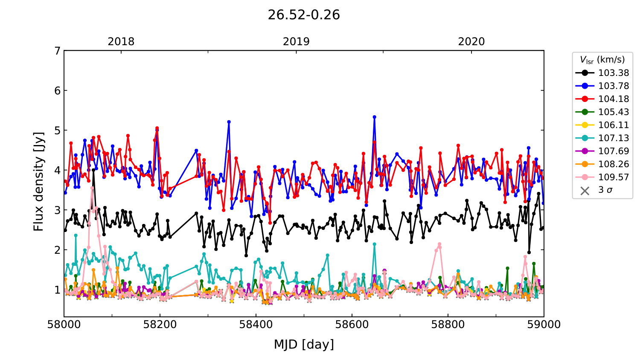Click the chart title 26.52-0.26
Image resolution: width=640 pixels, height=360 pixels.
[x=304, y=15]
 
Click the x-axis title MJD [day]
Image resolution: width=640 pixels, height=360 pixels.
[x=304, y=344]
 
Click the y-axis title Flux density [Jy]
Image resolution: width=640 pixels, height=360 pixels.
[x=39, y=181]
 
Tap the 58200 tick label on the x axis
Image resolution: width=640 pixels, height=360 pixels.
[x=160, y=325]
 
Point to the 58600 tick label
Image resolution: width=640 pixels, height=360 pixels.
[x=352, y=325]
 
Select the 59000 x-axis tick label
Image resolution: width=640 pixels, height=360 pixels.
[x=544, y=325]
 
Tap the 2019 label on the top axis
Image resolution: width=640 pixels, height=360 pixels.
[x=296, y=42]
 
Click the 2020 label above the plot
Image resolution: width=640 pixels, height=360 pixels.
[x=471, y=42]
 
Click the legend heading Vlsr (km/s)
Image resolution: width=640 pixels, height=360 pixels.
[x=602, y=60]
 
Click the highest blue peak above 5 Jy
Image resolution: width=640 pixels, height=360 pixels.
[x=374, y=117]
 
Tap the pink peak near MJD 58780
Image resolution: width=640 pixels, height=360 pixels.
[x=439, y=244]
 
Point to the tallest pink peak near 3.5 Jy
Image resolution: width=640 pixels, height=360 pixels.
[x=92, y=188]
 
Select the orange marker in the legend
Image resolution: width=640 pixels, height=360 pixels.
[x=585, y=164]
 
